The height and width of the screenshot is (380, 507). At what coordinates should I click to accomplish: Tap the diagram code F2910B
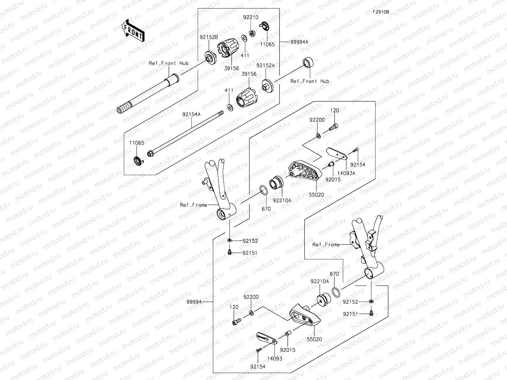(381, 12)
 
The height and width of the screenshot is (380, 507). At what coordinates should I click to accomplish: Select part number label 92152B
(209, 37)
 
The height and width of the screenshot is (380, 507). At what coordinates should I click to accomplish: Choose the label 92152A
(266, 65)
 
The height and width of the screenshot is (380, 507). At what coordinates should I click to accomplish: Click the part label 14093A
(346, 173)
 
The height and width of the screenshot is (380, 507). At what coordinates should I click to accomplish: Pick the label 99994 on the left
(194, 302)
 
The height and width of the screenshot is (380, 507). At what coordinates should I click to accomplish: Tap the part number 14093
(274, 358)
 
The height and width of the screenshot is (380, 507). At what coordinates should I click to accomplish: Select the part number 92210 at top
(251, 18)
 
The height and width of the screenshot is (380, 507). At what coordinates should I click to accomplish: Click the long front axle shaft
(149, 95)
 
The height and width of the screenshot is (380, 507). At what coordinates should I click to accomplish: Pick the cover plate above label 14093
(266, 338)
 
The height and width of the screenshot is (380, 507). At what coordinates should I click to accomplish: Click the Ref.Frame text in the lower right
(326, 244)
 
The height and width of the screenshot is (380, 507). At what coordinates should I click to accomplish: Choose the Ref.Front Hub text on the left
(169, 63)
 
